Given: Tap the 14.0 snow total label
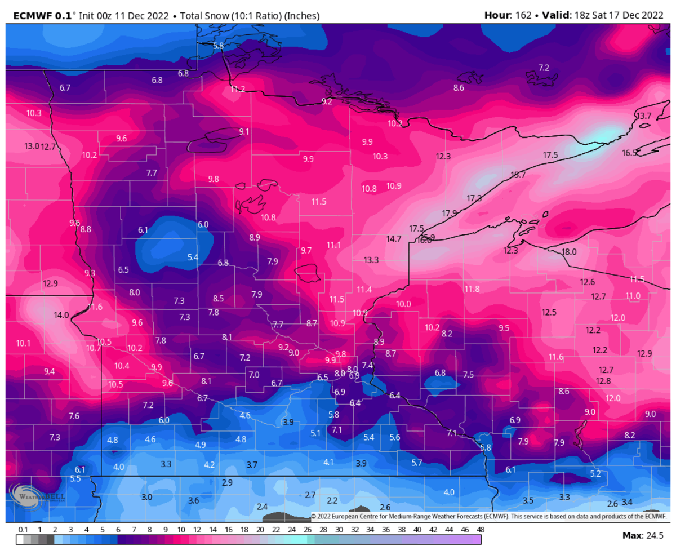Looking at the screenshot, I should point(61,315).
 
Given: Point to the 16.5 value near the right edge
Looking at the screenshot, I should point(629,153).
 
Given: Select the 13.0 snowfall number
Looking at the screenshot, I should point(32,146).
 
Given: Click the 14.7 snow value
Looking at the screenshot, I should point(394,238).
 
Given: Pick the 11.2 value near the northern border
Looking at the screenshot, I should point(238,89).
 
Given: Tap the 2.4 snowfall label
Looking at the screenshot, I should point(262,506).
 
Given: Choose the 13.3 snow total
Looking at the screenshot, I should point(371,260).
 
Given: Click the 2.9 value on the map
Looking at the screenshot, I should point(227,482).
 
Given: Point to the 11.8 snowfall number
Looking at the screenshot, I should point(472,289).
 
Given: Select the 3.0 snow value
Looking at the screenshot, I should point(146,497).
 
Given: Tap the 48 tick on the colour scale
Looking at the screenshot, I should point(480,530).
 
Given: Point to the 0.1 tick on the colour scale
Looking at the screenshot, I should point(23,530).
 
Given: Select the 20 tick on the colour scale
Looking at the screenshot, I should point(260,530).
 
